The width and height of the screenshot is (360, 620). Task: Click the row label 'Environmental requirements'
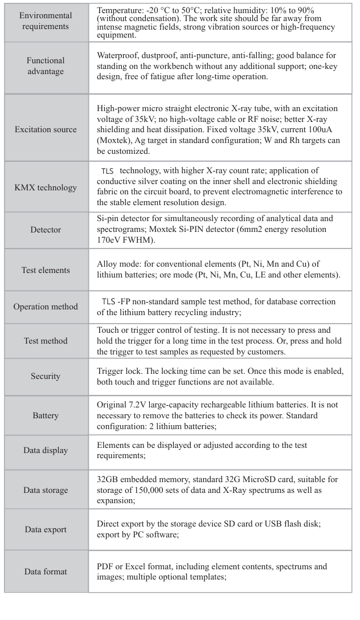pyautogui.click(x=46, y=21)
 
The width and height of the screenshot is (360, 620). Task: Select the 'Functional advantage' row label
pyautogui.click(x=46, y=66)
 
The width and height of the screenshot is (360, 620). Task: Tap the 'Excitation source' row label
pyautogui.click(x=46, y=129)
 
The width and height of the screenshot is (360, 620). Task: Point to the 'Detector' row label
pyautogui.click(x=46, y=230)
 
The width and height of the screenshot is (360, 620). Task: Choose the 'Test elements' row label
pyautogui.click(x=46, y=270)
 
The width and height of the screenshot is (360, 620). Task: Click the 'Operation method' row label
pyautogui.click(x=46, y=306)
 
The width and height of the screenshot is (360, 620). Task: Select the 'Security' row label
pyautogui.click(x=46, y=376)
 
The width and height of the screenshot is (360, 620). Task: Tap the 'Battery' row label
pyautogui.click(x=46, y=415)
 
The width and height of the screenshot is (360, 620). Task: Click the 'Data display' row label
pyautogui.click(x=46, y=450)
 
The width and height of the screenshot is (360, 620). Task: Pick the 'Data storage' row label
pyautogui.click(x=46, y=490)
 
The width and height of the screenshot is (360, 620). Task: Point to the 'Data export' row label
pyautogui.click(x=46, y=529)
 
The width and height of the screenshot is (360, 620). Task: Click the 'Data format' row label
pyautogui.click(x=46, y=572)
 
